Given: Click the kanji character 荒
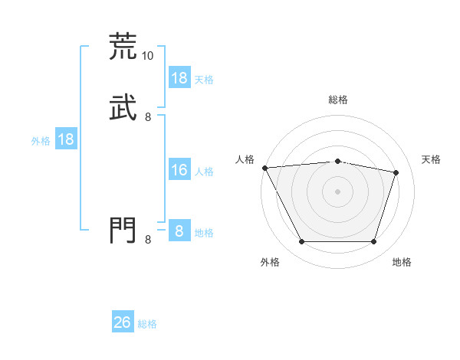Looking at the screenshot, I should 123,46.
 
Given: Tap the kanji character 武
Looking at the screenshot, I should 123,107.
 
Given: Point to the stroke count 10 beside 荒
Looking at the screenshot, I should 148,56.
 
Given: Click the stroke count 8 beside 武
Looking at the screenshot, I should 148,117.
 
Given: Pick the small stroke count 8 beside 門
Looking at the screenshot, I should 148,240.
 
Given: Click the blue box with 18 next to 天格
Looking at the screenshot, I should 179,78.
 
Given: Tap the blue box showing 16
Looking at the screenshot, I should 179,170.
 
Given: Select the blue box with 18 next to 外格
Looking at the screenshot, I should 66,139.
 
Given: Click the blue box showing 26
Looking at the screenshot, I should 123,322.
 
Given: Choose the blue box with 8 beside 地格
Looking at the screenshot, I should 179,231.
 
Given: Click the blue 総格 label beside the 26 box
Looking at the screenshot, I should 147,324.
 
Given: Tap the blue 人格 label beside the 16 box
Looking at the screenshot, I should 204,172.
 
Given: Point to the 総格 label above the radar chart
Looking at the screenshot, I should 337,100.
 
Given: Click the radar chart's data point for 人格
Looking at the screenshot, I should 264,168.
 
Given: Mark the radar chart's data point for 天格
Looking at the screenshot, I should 396,172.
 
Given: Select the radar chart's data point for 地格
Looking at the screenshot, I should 373,242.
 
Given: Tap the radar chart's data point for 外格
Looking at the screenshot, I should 301,242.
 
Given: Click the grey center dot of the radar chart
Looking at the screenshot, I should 337,191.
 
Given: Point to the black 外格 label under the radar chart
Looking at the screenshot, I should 270,262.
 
